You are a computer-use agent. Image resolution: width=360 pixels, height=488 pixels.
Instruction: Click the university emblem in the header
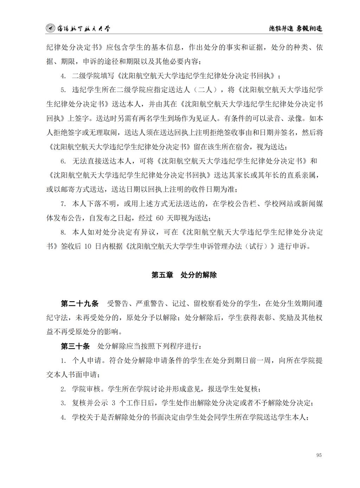pyautogui.click(x=51, y=28)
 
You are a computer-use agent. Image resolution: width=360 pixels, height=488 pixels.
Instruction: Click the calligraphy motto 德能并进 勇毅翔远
pyautogui.click(x=295, y=28)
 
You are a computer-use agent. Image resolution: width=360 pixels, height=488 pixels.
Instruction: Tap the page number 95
pyautogui.click(x=319, y=455)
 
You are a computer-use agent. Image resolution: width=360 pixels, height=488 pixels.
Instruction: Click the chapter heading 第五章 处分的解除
pyautogui.click(x=184, y=275)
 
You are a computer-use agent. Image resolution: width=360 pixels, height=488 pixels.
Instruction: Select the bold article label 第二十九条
pyautogui.click(x=80, y=304)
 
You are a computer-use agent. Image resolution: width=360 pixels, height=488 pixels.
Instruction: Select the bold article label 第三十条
pyautogui.click(x=75, y=346)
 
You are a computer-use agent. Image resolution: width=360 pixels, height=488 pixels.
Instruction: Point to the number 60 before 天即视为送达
pyautogui.click(x=160, y=218)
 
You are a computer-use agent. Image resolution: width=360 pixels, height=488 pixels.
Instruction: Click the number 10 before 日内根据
pyautogui.click(x=88, y=246)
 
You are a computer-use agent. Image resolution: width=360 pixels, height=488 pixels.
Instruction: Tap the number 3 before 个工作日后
pyautogui.click(x=113, y=403)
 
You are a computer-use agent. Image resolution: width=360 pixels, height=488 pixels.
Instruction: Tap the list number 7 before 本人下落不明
pyautogui.click(x=63, y=204)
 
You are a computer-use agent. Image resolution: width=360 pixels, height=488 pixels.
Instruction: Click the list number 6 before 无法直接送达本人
pyautogui.click(x=63, y=161)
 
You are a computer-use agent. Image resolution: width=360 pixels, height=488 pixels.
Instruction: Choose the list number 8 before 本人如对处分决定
pyautogui.click(x=63, y=232)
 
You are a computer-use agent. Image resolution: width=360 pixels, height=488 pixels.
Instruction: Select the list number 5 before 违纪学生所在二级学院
pyautogui.click(x=63, y=90)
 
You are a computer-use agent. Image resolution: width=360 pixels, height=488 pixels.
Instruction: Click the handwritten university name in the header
pyautogui.click(x=83, y=28)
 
